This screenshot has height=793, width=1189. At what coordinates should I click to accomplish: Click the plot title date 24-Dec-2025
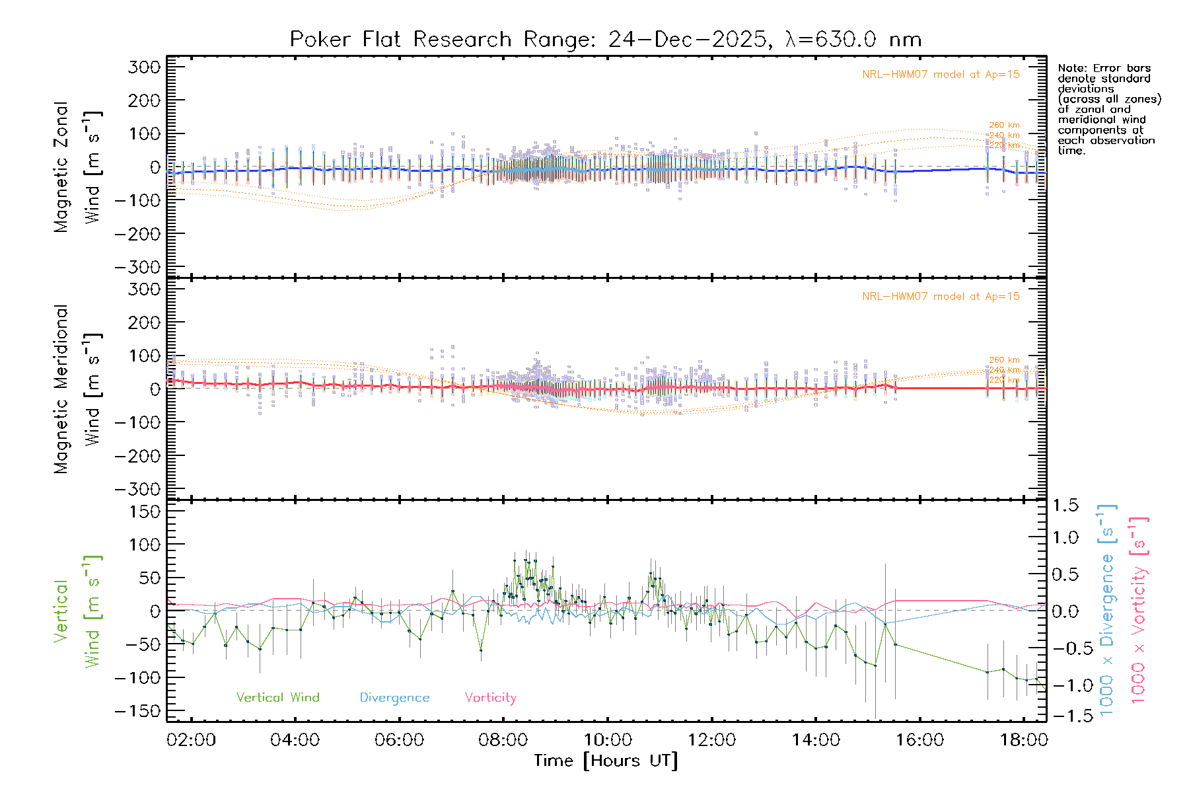pyautogui.click(x=687, y=40)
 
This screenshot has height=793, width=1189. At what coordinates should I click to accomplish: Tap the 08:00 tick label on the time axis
pyautogui.click(x=503, y=740)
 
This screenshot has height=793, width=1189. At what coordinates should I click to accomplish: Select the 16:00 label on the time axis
pyautogui.click(x=919, y=740)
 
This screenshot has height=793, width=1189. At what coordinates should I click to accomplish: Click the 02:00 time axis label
pyautogui.click(x=192, y=740)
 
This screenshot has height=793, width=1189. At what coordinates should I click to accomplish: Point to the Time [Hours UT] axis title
pyautogui.click(x=606, y=761)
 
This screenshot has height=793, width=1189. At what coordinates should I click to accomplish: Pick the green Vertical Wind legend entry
pyautogui.click(x=277, y=698)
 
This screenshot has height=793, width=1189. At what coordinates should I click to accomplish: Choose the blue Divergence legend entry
pyautogui.click(x=394, y=698)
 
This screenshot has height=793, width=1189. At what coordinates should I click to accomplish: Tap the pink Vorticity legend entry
pyautogui.click(x=490, y=698)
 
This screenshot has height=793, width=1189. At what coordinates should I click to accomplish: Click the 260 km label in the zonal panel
pyautogui.click(x=1004, y=125)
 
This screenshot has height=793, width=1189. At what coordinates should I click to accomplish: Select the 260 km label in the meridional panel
pyautogui.click(x=1004, y=360)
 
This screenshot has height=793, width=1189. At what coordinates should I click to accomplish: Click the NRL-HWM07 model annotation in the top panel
pyautogui.click(x=941, y=75)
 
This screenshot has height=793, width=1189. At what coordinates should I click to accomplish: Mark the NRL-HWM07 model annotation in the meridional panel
pyautogui.click(x=941, y=297)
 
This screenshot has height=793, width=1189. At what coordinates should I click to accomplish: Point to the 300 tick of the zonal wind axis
pyautogui.click(x=144, y=67)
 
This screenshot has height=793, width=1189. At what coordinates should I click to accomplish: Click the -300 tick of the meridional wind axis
pyautogui.click(x=138, y=489)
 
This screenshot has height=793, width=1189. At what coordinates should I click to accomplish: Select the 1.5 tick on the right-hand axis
pyautogui.click(x=1065, y=506)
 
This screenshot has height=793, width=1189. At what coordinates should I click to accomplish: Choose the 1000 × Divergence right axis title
pyautogui.click(x=1107, y=611)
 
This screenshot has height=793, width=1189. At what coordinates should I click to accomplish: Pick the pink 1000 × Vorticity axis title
pyautogui.click(x=1138, y=611)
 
